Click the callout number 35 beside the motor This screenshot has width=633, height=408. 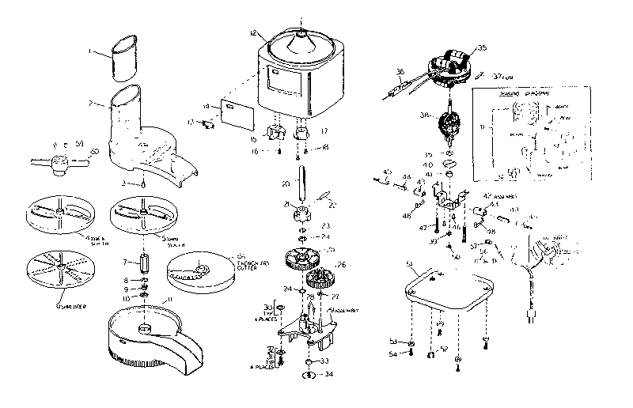[483, 48]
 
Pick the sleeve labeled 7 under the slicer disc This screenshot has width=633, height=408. [144, 261]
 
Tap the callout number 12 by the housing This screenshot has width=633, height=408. [252, 34]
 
